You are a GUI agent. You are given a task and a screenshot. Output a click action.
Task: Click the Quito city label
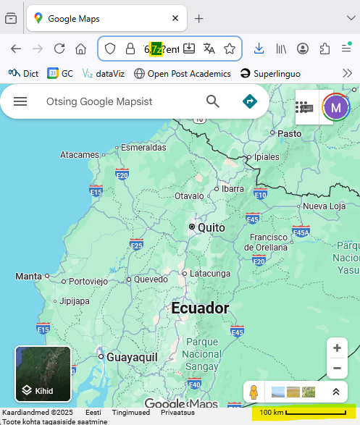(211, 227)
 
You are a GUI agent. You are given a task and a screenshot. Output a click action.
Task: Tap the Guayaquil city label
(132, 357)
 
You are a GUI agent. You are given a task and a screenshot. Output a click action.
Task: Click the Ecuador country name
(200, 308)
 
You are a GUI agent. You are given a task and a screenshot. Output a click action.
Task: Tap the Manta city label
(29, 276)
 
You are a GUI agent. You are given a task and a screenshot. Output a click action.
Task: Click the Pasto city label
(289, 133)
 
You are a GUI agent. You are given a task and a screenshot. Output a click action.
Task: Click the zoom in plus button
(337, 348)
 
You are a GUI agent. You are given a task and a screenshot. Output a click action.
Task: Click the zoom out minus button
(337, 369)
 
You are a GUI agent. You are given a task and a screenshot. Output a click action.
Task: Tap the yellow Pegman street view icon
(254, 392)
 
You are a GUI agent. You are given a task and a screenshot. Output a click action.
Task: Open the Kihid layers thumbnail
(43, 374)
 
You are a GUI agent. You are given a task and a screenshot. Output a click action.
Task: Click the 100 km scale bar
(304, 413)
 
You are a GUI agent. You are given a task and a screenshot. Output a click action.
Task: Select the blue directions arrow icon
(250, 101)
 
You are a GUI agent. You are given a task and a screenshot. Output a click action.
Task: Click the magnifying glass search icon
(212, 101)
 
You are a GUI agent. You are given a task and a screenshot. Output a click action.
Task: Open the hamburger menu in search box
(20, 101)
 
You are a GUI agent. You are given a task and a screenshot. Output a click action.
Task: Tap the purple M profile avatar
(335, 108)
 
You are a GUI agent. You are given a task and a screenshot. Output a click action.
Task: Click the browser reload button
(59, 49)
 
